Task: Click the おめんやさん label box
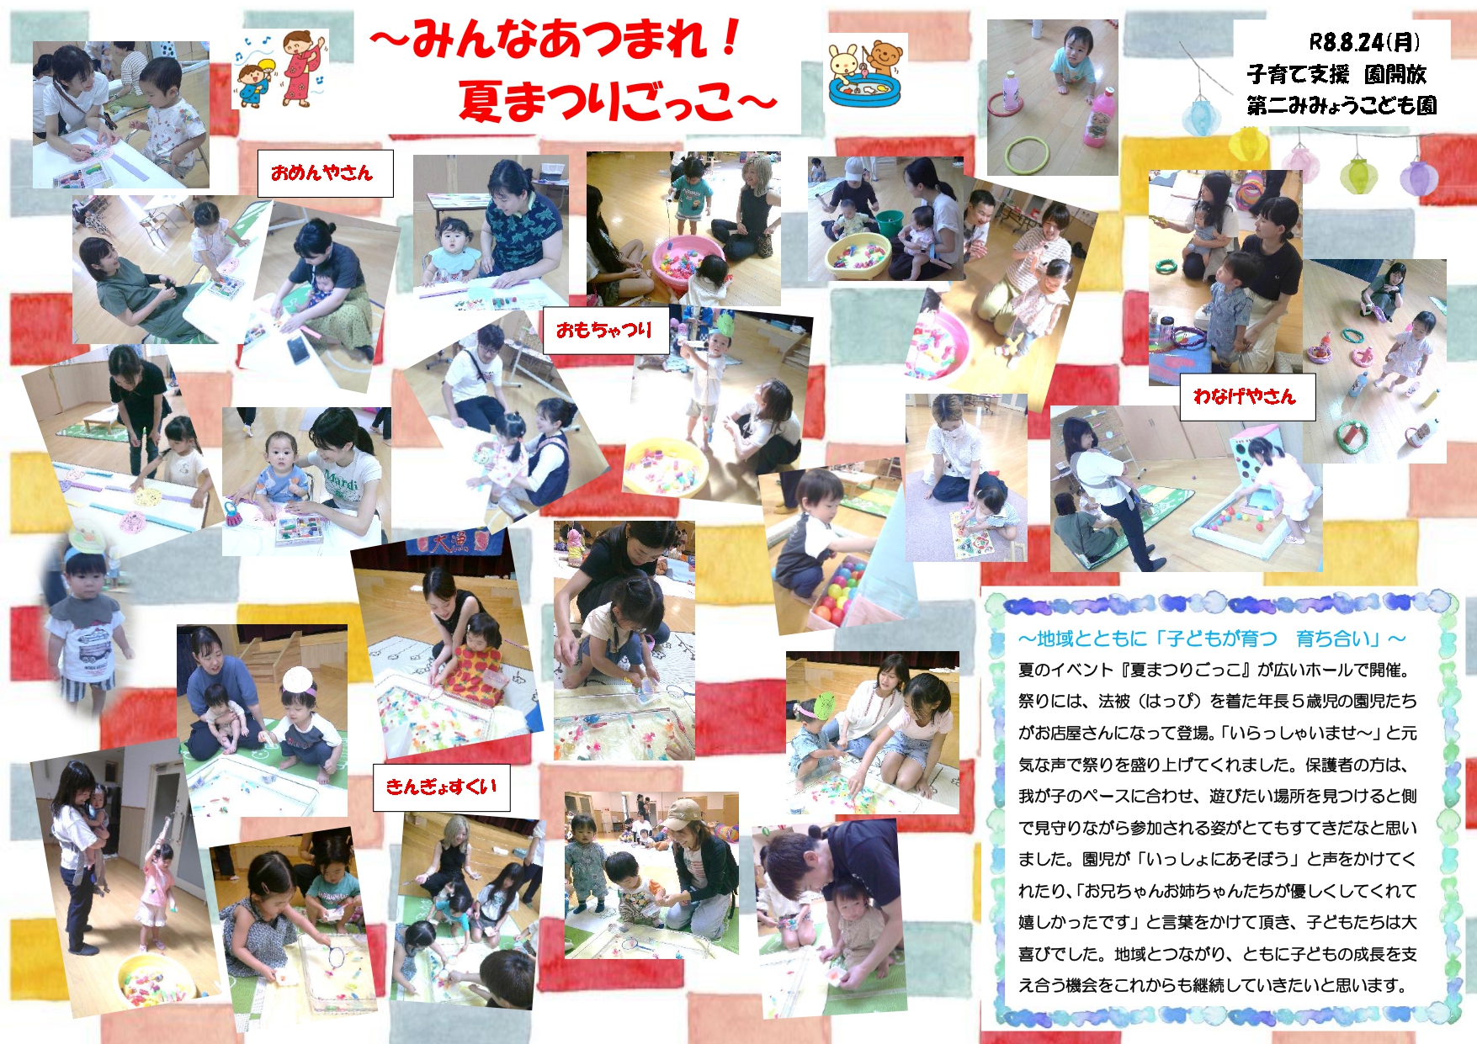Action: point(325,173)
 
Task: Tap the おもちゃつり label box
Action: point(605,330)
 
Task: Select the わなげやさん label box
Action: point(1245,396)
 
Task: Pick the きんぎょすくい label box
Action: point(441,787)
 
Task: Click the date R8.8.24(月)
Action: point(1364,42)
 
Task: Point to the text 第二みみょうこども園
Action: point(1342,106)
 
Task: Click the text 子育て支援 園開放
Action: point(1336,74)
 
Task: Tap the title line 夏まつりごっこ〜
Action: point(618,102)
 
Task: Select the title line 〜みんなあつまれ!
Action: point(555,39)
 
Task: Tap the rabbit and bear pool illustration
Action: point(865,73)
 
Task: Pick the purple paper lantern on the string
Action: point(1418,178)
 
